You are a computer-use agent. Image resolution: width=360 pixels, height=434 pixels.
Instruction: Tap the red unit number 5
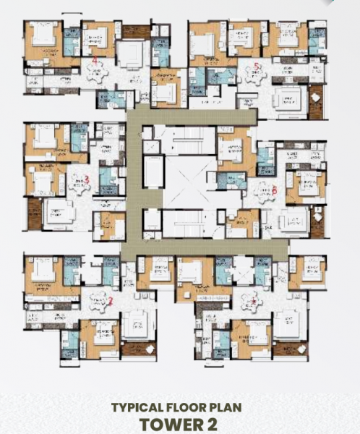[x=256, y=67]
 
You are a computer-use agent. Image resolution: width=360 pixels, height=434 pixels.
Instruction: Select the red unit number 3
[x=87, y=179]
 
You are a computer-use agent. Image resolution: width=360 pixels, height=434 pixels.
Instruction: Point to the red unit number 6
[x=274, y=190]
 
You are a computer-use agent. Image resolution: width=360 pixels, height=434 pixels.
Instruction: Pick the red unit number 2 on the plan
[x=110, y=300]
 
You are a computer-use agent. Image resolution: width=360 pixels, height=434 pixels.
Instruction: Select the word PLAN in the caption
[x=227, y=408]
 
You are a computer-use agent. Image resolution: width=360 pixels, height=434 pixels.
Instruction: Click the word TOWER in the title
[x=168, y=423]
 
